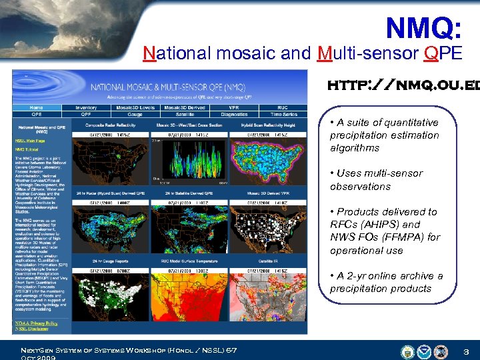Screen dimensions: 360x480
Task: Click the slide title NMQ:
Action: click(x=423, y=28)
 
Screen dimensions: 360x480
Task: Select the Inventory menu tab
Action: click(x=85, y=107)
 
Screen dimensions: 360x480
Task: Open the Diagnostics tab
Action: click(x=233, y=114)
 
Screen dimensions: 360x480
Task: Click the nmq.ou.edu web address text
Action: click(x=400, y=86)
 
